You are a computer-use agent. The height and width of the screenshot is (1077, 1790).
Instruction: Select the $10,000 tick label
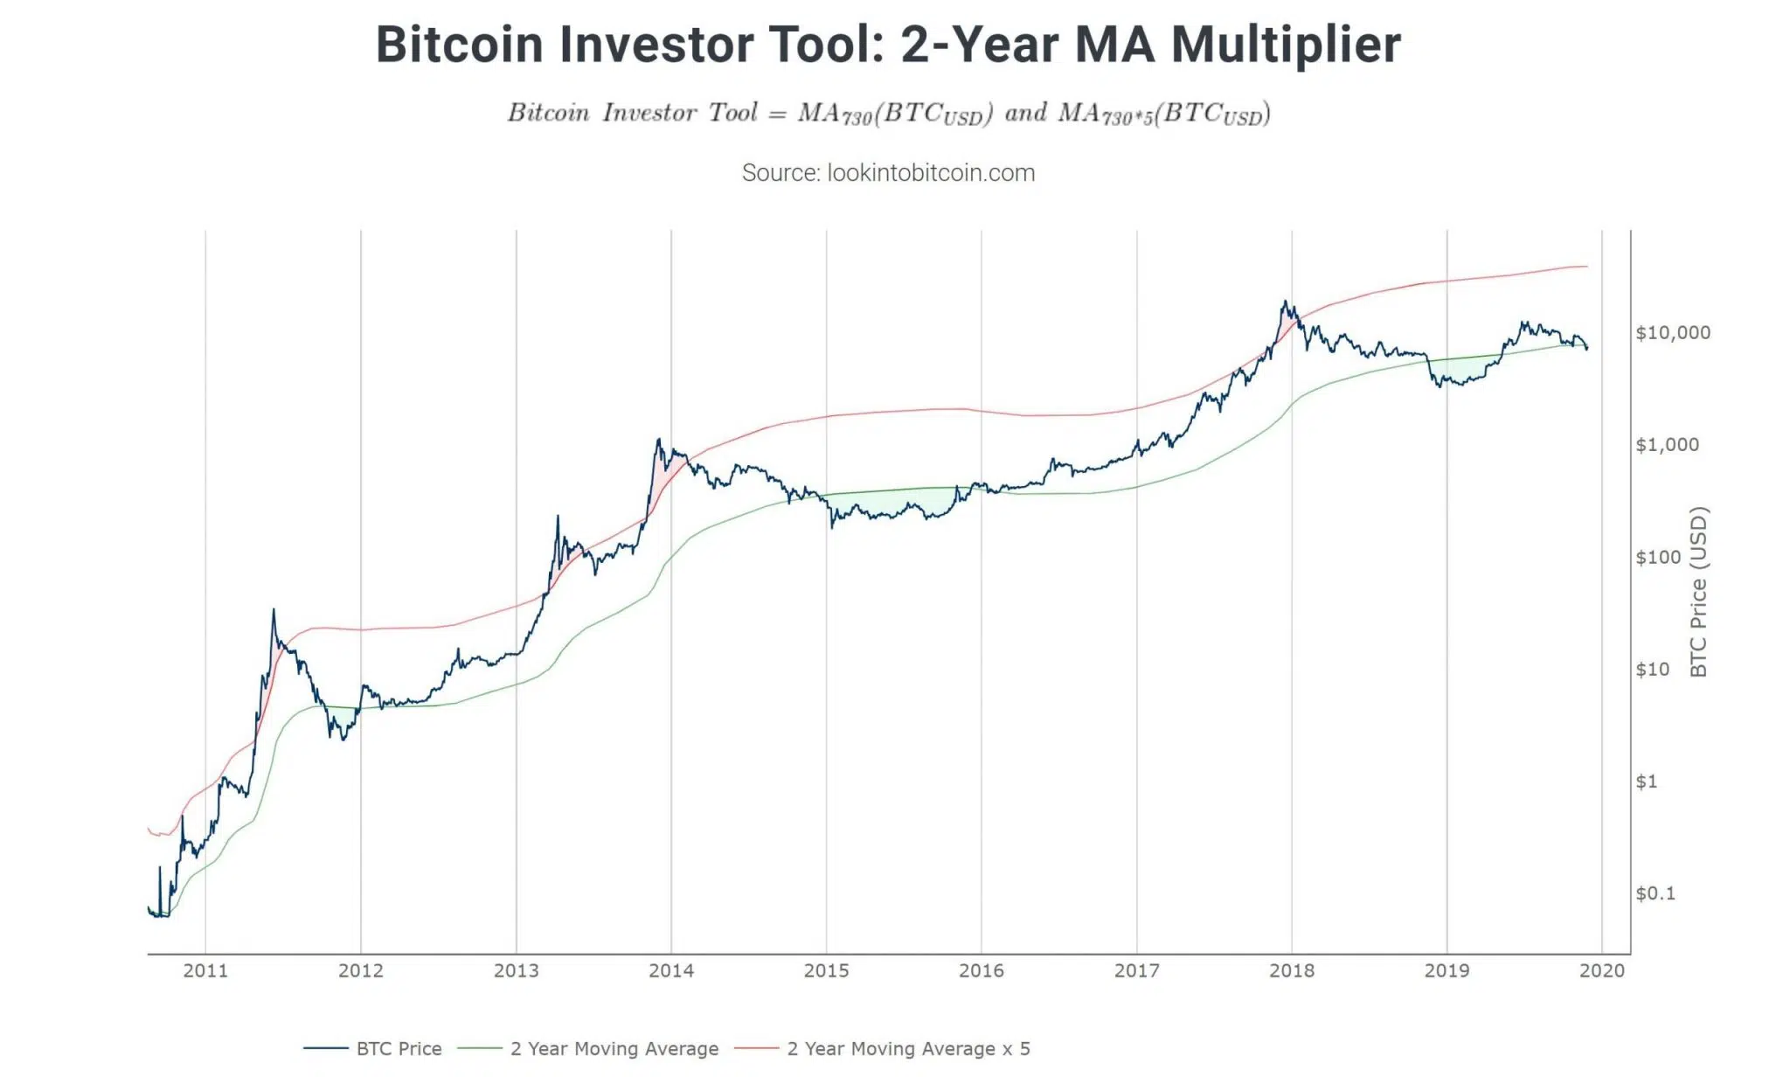(x=1673, y=332)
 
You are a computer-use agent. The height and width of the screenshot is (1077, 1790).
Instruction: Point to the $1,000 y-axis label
(x=1667, y=444)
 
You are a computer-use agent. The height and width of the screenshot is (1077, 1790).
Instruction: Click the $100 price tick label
(x=1657, y=557)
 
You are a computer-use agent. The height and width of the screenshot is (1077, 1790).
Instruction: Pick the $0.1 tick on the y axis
(x=1655, y=893)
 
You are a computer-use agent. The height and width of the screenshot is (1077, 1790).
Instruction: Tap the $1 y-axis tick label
(x=1646, y=781)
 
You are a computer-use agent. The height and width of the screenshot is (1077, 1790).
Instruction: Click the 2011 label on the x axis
(x=205, y=970)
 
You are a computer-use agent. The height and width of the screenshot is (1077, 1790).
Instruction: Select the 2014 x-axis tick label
(x=671, y=970)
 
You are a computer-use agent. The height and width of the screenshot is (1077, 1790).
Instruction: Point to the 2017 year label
(x=1136, y=970)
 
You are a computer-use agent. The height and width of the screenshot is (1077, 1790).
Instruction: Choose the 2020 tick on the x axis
(x=1602, y=970)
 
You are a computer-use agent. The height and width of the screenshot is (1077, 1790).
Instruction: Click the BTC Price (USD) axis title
(x=1698, y=592)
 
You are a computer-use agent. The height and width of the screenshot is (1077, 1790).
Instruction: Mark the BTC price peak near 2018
(x=1284, y=302)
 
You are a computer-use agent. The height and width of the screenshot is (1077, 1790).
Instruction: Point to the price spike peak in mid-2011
(x=274, y=610)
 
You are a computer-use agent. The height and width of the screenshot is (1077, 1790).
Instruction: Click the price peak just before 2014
(x=658, y=440)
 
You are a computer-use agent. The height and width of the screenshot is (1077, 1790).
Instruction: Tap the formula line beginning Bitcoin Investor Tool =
(x=888, y=114)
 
